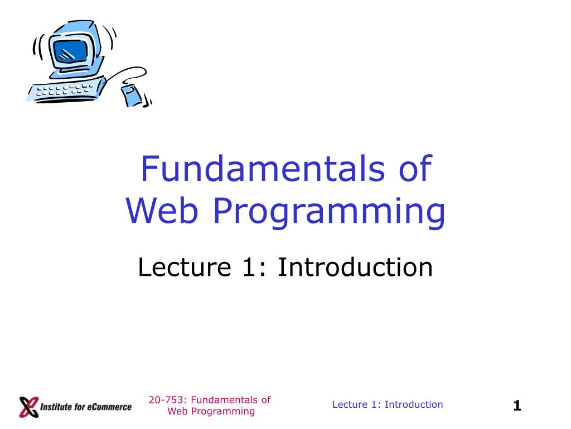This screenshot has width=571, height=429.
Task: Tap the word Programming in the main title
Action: [329, 213]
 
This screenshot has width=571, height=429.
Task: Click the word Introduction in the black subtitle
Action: [355, 268]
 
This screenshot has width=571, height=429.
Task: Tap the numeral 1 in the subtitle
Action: [248, 268]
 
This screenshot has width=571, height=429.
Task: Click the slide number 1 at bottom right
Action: [517, 406]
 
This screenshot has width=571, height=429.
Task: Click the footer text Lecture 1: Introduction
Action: [388, 405]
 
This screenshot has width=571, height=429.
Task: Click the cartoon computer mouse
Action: [132, 94]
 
